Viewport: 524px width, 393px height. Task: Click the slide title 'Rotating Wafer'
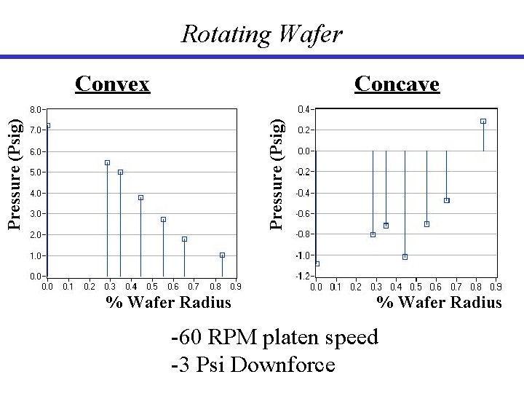[261, 33]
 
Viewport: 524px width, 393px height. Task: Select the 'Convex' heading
[113, 84]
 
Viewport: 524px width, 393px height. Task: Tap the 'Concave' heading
[397, 84]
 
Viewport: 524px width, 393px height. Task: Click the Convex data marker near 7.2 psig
[47, 125]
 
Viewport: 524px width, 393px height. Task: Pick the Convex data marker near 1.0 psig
[222, 255]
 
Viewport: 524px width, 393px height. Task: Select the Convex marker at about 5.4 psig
[107, 162]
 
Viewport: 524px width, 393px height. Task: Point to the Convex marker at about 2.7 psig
[163, 219]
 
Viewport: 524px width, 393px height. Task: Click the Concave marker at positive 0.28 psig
[483, 122]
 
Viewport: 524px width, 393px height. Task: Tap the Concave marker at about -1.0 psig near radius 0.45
[405, 257]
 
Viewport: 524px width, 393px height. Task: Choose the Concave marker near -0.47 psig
[446, 200]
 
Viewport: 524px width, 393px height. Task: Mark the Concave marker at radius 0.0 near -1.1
[317, 263]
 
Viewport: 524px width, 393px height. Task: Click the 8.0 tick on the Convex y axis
[36, 109]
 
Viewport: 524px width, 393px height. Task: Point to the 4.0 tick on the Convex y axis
[36, 194]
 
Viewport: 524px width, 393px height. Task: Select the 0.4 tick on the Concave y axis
[303, 109]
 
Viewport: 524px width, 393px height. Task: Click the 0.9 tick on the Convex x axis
[236, 287]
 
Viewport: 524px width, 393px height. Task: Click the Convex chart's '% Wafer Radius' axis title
[168, 302]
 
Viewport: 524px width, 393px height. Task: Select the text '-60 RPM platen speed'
[274, 337]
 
